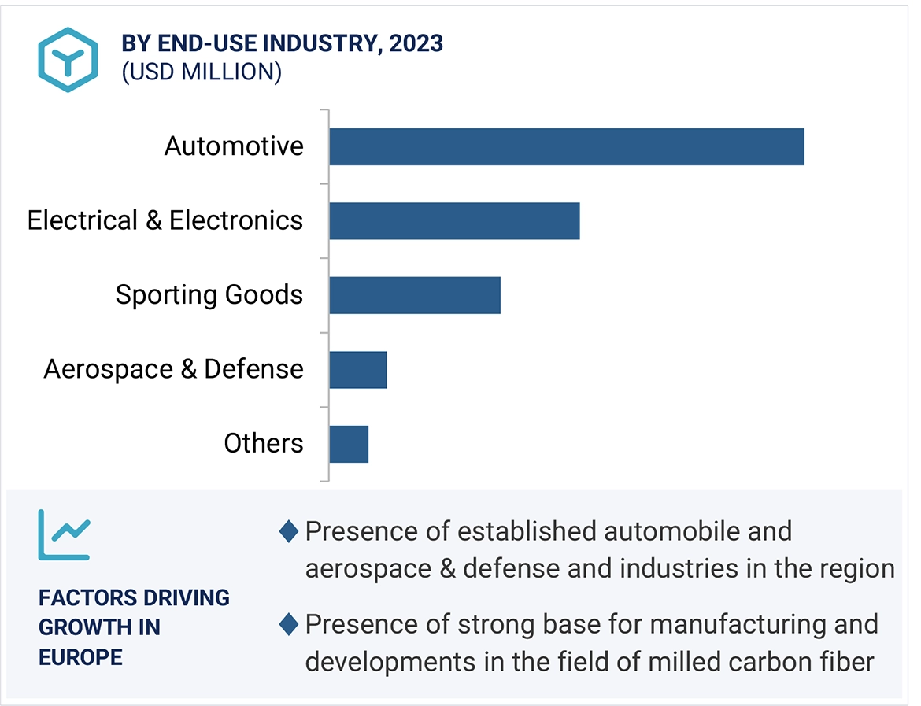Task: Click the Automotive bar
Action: [567, 146]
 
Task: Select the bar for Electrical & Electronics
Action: [454, 220]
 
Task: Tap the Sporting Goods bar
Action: [415, 294]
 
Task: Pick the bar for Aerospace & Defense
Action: [358, 369]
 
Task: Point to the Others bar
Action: [349, 443]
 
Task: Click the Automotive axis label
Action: [234, 146]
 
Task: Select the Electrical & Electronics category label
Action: [165, 220]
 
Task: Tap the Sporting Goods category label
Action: [209, 294]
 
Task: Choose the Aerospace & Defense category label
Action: [174, 369]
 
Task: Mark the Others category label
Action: [264, 443]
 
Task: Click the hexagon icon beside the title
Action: [68, 59]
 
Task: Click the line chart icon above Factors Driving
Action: [64, 534]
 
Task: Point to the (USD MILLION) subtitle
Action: [202, 72]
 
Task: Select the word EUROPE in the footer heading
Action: [80, 657]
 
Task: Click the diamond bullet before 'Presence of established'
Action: [289, 532]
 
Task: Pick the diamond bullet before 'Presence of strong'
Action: [289, 625]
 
